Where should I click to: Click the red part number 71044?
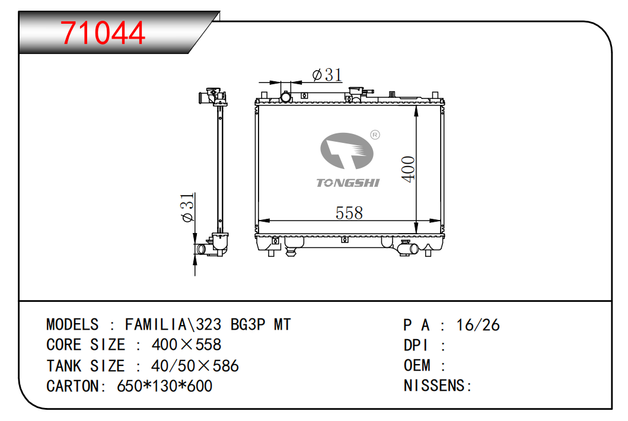[103, 33]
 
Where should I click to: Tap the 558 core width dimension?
[349, 213]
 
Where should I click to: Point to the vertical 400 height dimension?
[408, 169]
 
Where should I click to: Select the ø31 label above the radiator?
[327, 75]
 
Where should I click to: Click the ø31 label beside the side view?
[187, 207]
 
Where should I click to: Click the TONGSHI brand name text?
[348, 183]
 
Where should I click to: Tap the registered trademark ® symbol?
[375, 135]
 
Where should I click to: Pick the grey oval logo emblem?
[347, 151]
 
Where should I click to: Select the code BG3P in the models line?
[248, 324]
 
